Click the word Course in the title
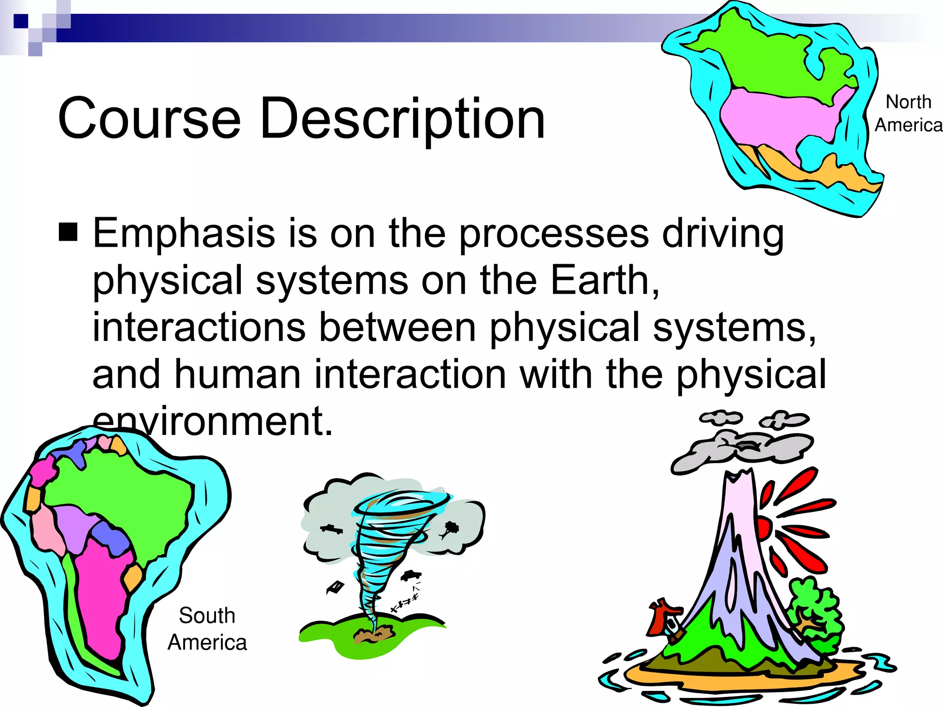coord(149,119)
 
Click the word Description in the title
coord(402,119)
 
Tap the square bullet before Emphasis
coord(68,232)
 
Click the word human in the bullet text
coord(238,374)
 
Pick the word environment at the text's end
coord(212,421)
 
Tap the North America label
coord(908,113)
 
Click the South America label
coord(207,629)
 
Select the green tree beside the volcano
coord(815,612)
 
